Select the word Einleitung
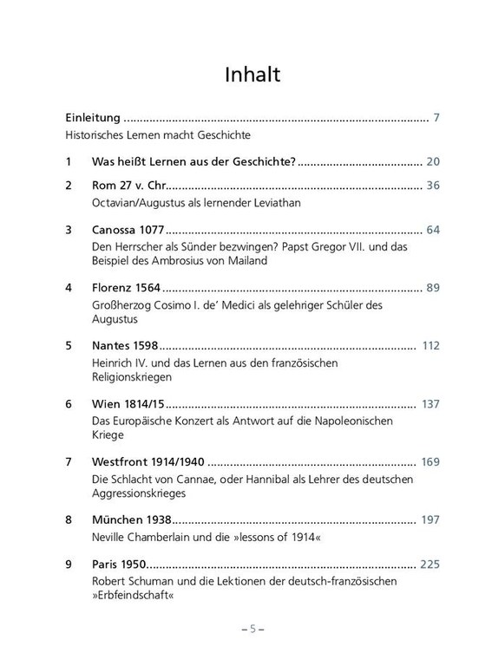point(92,116)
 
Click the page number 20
point(434,161)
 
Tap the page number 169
point(431,462)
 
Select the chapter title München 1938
point(131,520)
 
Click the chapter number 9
point(69,565)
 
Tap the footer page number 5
point(246,629)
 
